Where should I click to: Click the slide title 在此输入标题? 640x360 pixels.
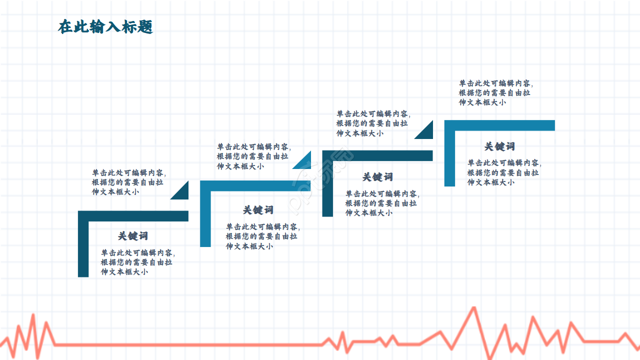105,27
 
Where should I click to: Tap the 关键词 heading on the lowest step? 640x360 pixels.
133,236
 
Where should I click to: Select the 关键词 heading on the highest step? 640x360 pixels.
499,146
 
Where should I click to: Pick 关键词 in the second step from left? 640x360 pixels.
258,210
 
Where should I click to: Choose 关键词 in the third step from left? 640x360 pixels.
377,177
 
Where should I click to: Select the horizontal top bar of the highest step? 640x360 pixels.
500,125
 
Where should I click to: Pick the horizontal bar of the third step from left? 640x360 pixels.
377,155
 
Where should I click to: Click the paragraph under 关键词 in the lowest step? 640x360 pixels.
137,262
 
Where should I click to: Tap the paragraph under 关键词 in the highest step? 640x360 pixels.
503,172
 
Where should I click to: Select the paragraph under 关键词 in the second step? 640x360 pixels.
262,236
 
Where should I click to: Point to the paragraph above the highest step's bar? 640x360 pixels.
495,93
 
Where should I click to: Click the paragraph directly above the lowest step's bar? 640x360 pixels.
128,182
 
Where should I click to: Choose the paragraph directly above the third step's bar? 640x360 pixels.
373,123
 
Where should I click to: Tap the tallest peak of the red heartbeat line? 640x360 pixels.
473,308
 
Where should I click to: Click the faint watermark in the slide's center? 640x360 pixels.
320,180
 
